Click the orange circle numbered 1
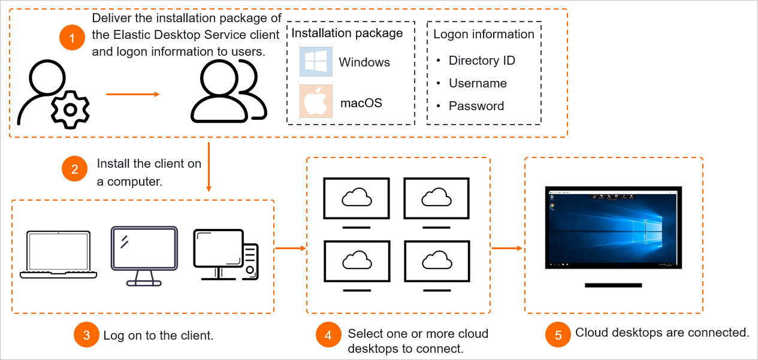(x=73, y=39)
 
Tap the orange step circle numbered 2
(x=75, y=170)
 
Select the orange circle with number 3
(x=86, y=335)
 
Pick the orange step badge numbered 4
(x=328, y=335)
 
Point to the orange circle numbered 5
(x=558, y=335)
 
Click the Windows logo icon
(x=316, y=62)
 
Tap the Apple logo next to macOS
(x=316, y=101)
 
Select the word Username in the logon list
(x=478, y=83)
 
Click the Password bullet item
(x=476, y=106)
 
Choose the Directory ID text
(x=482, y=60)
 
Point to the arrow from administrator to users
(x=132, y=94)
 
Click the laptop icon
(x=58, y=255)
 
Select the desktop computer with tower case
(x=225, y=255)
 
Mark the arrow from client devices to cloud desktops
(x=289, y=247)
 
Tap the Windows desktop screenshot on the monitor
(x=614, y=228)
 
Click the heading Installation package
(x=347, y=33)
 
